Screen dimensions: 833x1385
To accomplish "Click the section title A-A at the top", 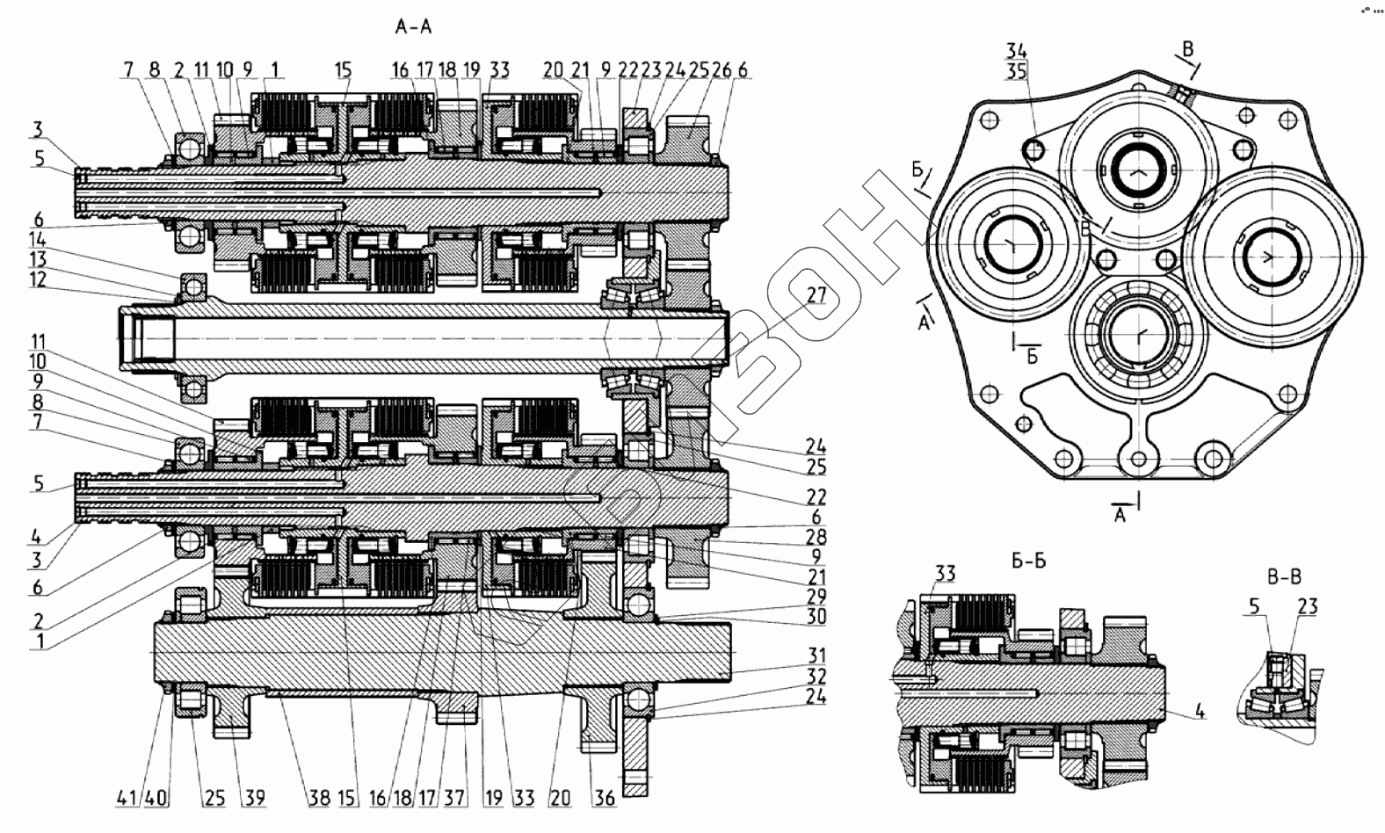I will click(x=413, y=27).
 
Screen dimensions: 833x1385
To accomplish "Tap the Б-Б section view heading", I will click(x=1029, y=560).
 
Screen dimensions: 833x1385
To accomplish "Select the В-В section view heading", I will click(x=1284, y=576).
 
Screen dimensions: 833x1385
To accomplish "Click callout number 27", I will click(x=816, y=295).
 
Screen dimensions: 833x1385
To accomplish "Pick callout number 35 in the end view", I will click(x=1017, y=72).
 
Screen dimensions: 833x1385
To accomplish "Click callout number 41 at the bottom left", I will click(x=127, y=798).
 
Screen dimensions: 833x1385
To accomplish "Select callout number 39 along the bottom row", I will click(x=254, y=798).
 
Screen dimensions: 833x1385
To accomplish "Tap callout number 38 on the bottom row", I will click(x=319, y=798).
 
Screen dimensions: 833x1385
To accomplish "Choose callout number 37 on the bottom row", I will click(x=454, y=798).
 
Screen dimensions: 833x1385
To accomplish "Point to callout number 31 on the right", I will click(x=816, y=656).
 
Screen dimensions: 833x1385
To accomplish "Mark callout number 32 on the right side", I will click(x=816, y=676).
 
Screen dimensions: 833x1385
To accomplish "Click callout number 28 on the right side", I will click(x=816, y=537).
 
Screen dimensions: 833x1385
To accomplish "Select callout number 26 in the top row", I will click(x=722, y=70).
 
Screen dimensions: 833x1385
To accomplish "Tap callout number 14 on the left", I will click(x=38, y=239).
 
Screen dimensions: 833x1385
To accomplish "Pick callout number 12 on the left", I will click(x=38, y=279).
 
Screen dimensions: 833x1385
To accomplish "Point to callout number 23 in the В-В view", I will click(x=1307, y=606).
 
